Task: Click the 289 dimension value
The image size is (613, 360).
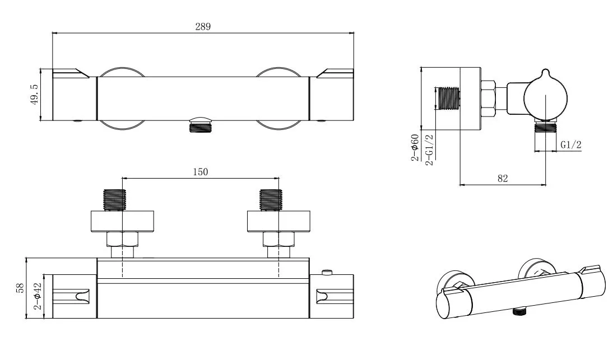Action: coord(203,27)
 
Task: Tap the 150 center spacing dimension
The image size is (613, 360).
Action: coord(201,172)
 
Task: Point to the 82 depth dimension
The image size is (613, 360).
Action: coord(502,178)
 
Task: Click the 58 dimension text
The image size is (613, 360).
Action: coord(21,288)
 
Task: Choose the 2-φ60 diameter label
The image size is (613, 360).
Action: coord(415,147)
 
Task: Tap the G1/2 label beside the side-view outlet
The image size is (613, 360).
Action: coord(571,144)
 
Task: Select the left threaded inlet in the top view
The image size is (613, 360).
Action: coord(115,200)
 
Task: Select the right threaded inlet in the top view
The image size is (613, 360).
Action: coord(271,200)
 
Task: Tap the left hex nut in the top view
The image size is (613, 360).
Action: coord(122,240)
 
